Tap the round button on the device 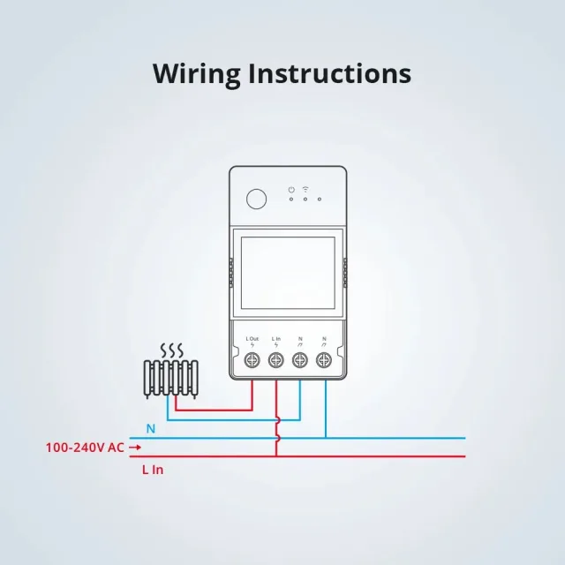(x=256, y=198)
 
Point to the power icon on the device (x=290, y=189)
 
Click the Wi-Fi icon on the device (x=305, y=188)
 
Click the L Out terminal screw (x=252, y=359)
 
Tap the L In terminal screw (x=276, y=359)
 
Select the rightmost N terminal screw (x=324, y=359)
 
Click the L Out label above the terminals (x=252, y=339)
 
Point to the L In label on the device (x=276, y=339)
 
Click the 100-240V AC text (x=85, y=448)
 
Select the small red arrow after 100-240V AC (x=135, y=448)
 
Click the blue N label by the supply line (x=150, y=429)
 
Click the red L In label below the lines (x=153, y=470)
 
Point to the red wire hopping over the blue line (x=277, y=437)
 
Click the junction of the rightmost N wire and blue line (x=325, y=437)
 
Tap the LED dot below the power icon (x=290, y=199)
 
